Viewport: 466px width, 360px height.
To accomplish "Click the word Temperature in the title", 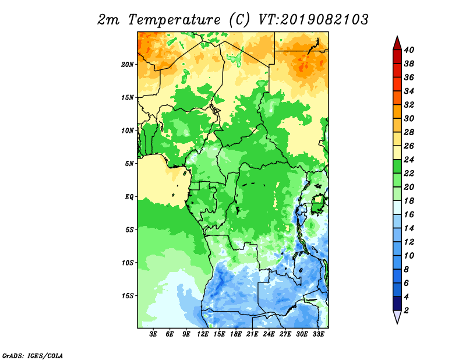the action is click(174, 20).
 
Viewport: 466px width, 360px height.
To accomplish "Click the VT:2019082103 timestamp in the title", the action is click(313, 20).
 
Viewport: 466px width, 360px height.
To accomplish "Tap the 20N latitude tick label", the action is click(127, 65).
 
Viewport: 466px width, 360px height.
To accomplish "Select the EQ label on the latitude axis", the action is click(129, 197).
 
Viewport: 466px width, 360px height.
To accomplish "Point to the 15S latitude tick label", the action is click(128, 296).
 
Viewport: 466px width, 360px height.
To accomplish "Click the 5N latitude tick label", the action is click(129, 164).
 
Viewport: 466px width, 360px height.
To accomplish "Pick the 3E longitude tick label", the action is click(153, 334).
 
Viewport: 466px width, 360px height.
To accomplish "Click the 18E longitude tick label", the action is click(236, 334).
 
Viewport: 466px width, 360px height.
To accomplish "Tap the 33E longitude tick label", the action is click(318, 334).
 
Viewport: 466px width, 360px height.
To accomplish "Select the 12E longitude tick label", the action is click(203, 334).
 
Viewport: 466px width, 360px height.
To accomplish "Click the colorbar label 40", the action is click(409, 50).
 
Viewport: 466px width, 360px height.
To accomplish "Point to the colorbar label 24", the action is click(409, 160).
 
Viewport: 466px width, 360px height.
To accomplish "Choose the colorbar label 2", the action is click(406, 310).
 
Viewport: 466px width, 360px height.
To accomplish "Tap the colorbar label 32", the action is click(409, 105).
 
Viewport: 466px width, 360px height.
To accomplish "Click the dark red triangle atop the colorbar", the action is click(397, 43).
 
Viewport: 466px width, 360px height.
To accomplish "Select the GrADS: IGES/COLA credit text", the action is click(33, 356).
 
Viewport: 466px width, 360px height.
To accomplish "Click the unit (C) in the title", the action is click(239, 20).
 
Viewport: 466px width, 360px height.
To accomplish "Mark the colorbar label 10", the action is click(409, 256).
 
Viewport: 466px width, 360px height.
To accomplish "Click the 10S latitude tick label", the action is click(128, 263).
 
